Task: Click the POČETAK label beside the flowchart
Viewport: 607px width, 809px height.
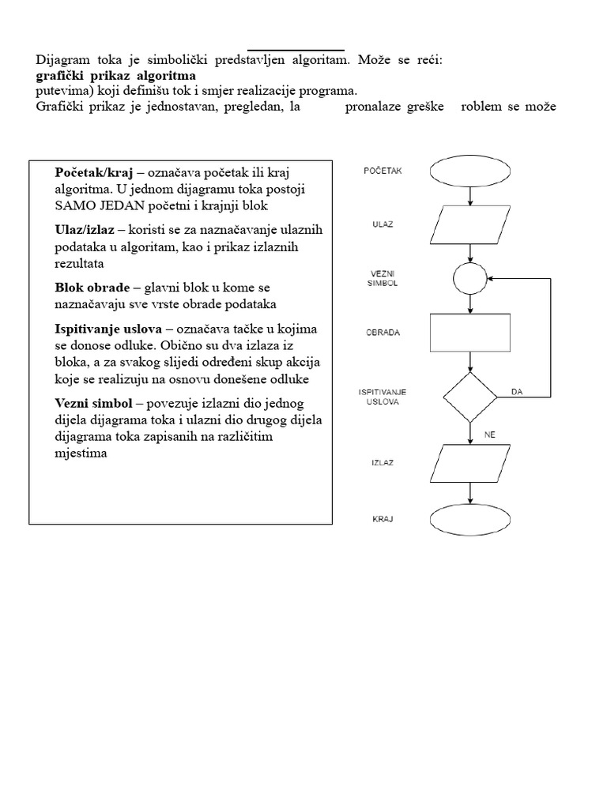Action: point(383,170)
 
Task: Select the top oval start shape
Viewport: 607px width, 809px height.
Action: point(469,171)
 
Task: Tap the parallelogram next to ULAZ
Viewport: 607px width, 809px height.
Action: point(469,224)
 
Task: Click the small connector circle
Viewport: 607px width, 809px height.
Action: point(469,278)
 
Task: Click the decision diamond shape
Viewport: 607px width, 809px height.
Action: point(469,396)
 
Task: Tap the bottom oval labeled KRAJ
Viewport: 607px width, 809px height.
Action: point(469,520)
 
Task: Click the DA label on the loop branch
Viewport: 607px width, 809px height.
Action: point(518,390)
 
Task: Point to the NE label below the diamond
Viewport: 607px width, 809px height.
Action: point(490,434)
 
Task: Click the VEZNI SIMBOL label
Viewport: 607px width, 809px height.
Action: point(383,278)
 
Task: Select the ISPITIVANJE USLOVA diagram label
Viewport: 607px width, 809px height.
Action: point(383,396)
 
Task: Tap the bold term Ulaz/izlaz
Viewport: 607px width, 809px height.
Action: point(85,230)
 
